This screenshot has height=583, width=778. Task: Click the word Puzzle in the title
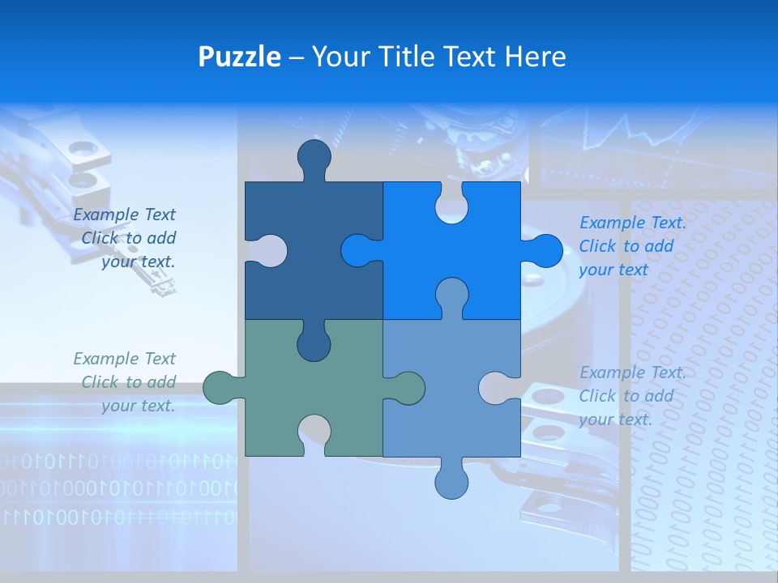239,57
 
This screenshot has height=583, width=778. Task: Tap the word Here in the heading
534,57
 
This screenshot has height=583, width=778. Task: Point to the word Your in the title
340,57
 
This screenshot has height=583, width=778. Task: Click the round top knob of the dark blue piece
314,157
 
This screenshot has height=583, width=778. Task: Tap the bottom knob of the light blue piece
451,481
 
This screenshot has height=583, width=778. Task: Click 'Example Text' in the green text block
124,359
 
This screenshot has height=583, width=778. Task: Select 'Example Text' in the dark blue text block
124,215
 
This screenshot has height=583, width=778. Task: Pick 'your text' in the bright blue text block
613,270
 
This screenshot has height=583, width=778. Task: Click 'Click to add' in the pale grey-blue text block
626,396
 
